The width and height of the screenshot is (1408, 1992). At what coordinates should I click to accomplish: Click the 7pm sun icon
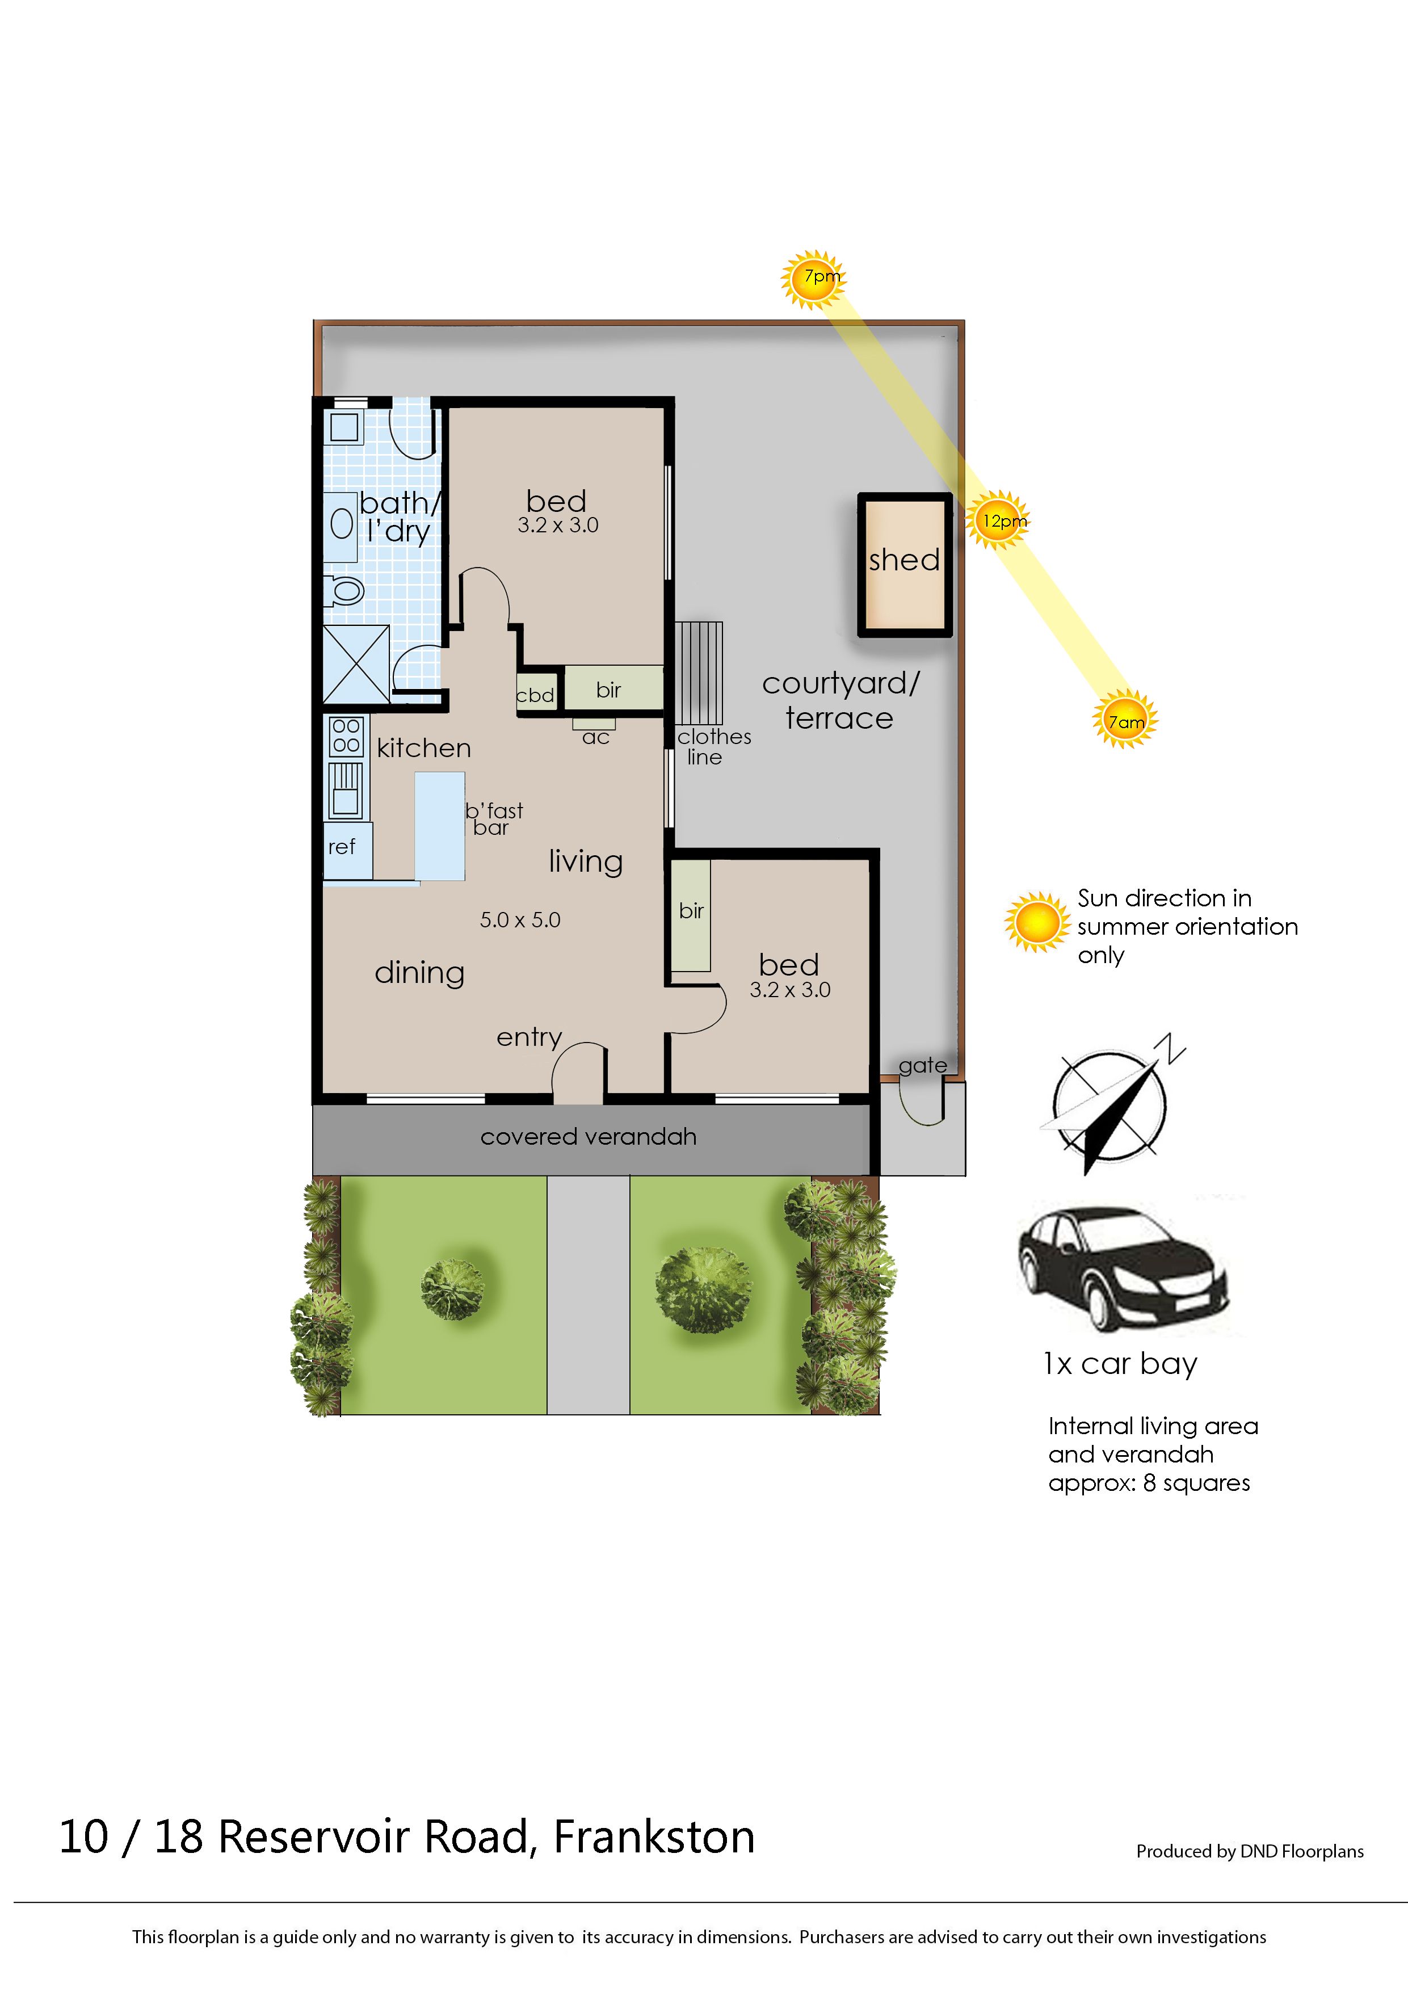(x=813, y=279)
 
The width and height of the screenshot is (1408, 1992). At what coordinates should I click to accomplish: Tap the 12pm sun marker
(x=998, y=520)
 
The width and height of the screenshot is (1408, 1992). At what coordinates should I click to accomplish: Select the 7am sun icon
(x=1125, y=719)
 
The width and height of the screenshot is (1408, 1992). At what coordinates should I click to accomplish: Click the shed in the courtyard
(x=905, y=565)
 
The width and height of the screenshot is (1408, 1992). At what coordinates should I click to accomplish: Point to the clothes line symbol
(x=699, y=673)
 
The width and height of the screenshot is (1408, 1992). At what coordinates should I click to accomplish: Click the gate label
(x=922, y=1065)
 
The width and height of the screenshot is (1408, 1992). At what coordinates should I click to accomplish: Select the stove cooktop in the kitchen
(x=346, y=736)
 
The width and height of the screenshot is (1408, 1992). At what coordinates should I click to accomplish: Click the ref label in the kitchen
(x=342, y=847)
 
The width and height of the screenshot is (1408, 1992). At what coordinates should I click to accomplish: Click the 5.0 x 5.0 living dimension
(x=520, y=919)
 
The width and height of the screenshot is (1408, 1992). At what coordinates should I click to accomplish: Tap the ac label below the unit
(x=596, y=737)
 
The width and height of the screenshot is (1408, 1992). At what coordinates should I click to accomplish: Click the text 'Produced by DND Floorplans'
(x=1250, y=1851)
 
